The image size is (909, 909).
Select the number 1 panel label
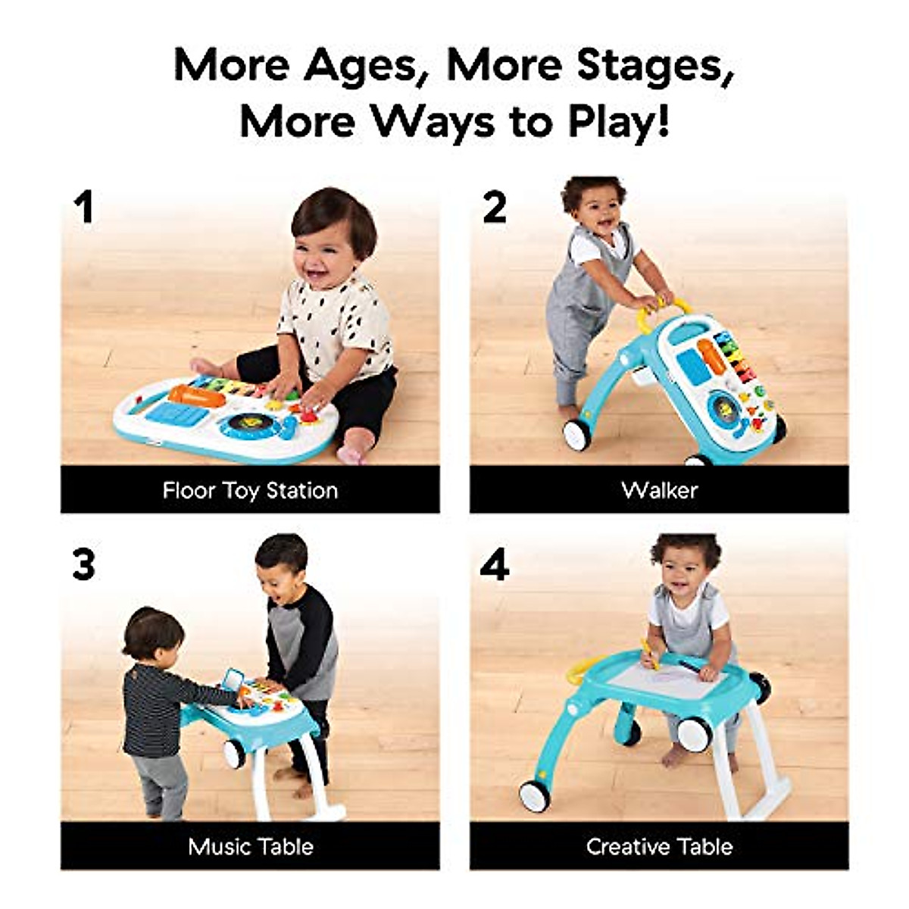[83, 207]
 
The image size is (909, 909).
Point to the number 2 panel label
[494, 207]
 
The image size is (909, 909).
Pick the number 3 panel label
[83, 565]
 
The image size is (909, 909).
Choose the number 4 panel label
[494, 565]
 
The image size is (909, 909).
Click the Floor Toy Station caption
[250, 490]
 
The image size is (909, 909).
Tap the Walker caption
[659, 490]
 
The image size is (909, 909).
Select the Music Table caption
[250, 846]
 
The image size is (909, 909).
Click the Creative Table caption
[659, 846]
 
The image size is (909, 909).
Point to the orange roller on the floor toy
[196, 395]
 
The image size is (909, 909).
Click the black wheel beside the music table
[234, 754]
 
